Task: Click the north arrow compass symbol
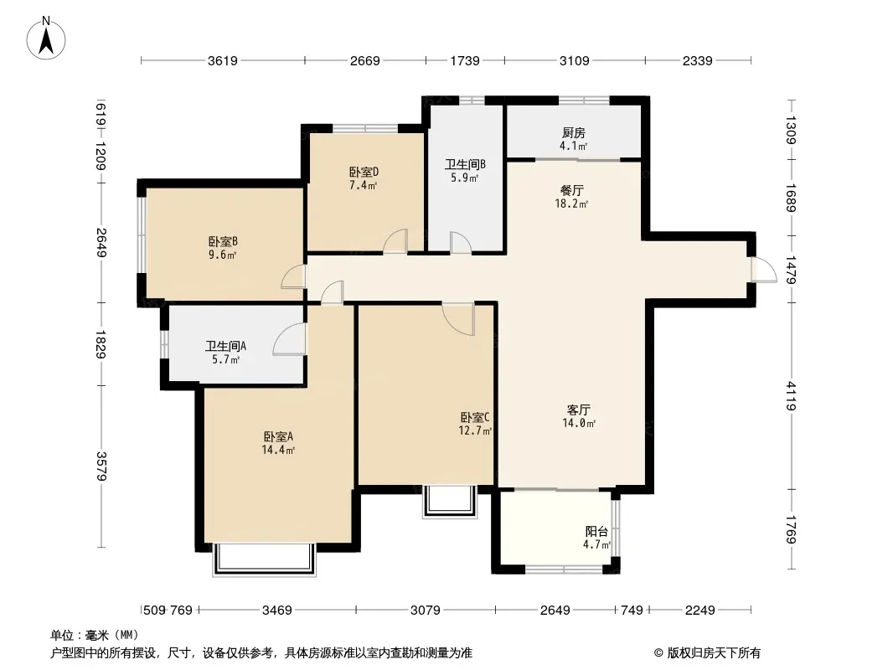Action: (46, 39)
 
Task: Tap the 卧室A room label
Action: (278, 436)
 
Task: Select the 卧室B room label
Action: (223, 242)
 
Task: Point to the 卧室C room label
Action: (475, 417)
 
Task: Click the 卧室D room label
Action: (364, 172)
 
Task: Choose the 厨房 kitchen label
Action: (574, 132)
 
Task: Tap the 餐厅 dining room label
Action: (572, 190)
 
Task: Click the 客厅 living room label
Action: (579, 410)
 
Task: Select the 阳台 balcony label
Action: (596, 532)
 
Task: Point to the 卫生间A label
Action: (225, 346)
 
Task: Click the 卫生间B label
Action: (465, 164)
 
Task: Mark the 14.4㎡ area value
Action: (278, 451)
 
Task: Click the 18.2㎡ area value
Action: (571, 204)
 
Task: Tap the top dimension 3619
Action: (223, 61)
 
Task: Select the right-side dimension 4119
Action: (791, 396)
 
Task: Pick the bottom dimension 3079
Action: (426, 611)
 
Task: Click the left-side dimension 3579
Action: (101, 466)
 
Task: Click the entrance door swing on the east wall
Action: (764, 270)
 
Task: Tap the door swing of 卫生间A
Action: (289, 339)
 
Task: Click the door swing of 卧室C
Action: (458, 319)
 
